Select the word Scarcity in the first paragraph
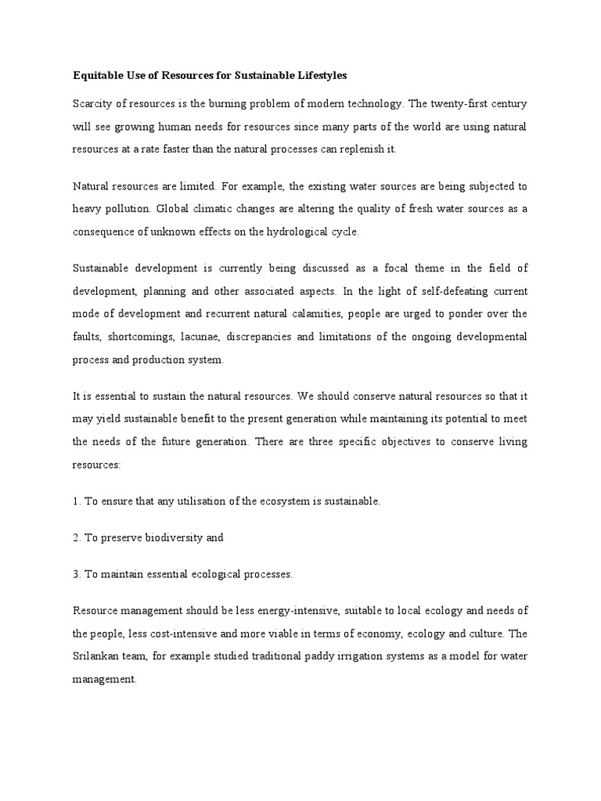(x=92, y=103)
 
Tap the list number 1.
(x=76, y=501)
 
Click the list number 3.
(x=76, y=574)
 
